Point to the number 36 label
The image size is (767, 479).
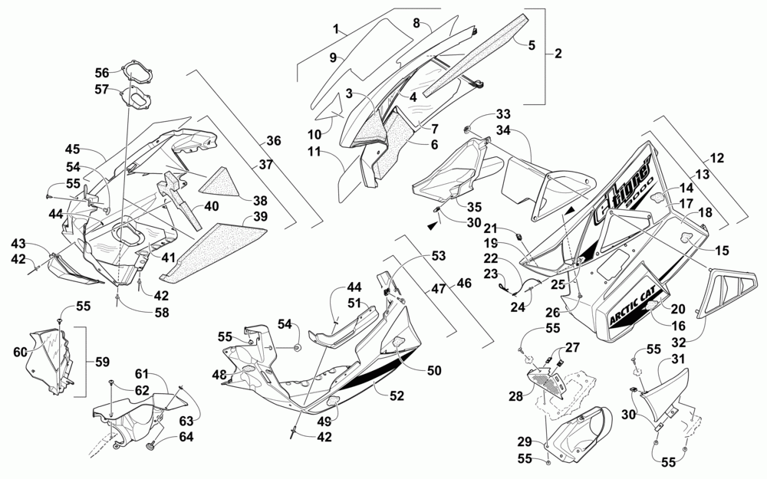274,141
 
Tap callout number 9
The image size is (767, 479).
334,57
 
